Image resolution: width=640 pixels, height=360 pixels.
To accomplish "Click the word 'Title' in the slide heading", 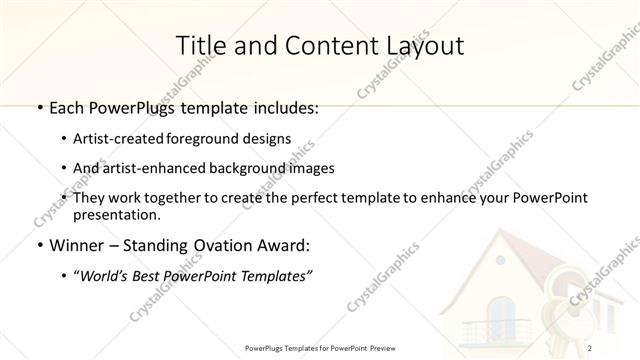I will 199,45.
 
